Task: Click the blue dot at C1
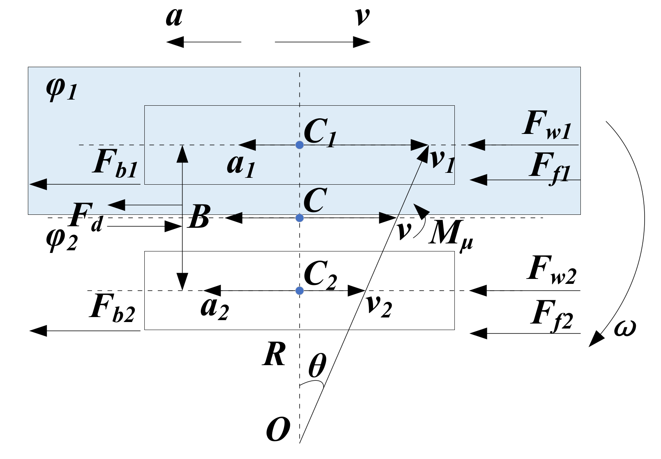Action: click(x=300, y=145)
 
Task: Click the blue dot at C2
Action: click(x=300, y=291)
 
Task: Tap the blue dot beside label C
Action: click(x=300, y=218)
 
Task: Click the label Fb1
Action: click(x=115, y=164)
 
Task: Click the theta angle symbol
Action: click(x=317, y=365)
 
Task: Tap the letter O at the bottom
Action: click(x=278, y=429)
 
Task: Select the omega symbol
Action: click(x=625, y=328)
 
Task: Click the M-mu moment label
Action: click(x=451, y=234)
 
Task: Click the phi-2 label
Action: click(x=61, y=240)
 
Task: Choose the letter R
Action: click(x=274, y=354)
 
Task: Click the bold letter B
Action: click(x=199, y=217)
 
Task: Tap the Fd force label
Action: click(x=86, y=217)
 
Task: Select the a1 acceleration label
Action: click(x=241, y=165)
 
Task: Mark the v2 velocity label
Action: click(x=378, y=306)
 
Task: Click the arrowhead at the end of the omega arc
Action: click(x=596, y=340)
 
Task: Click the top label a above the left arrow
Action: click(x=174, y=17)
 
